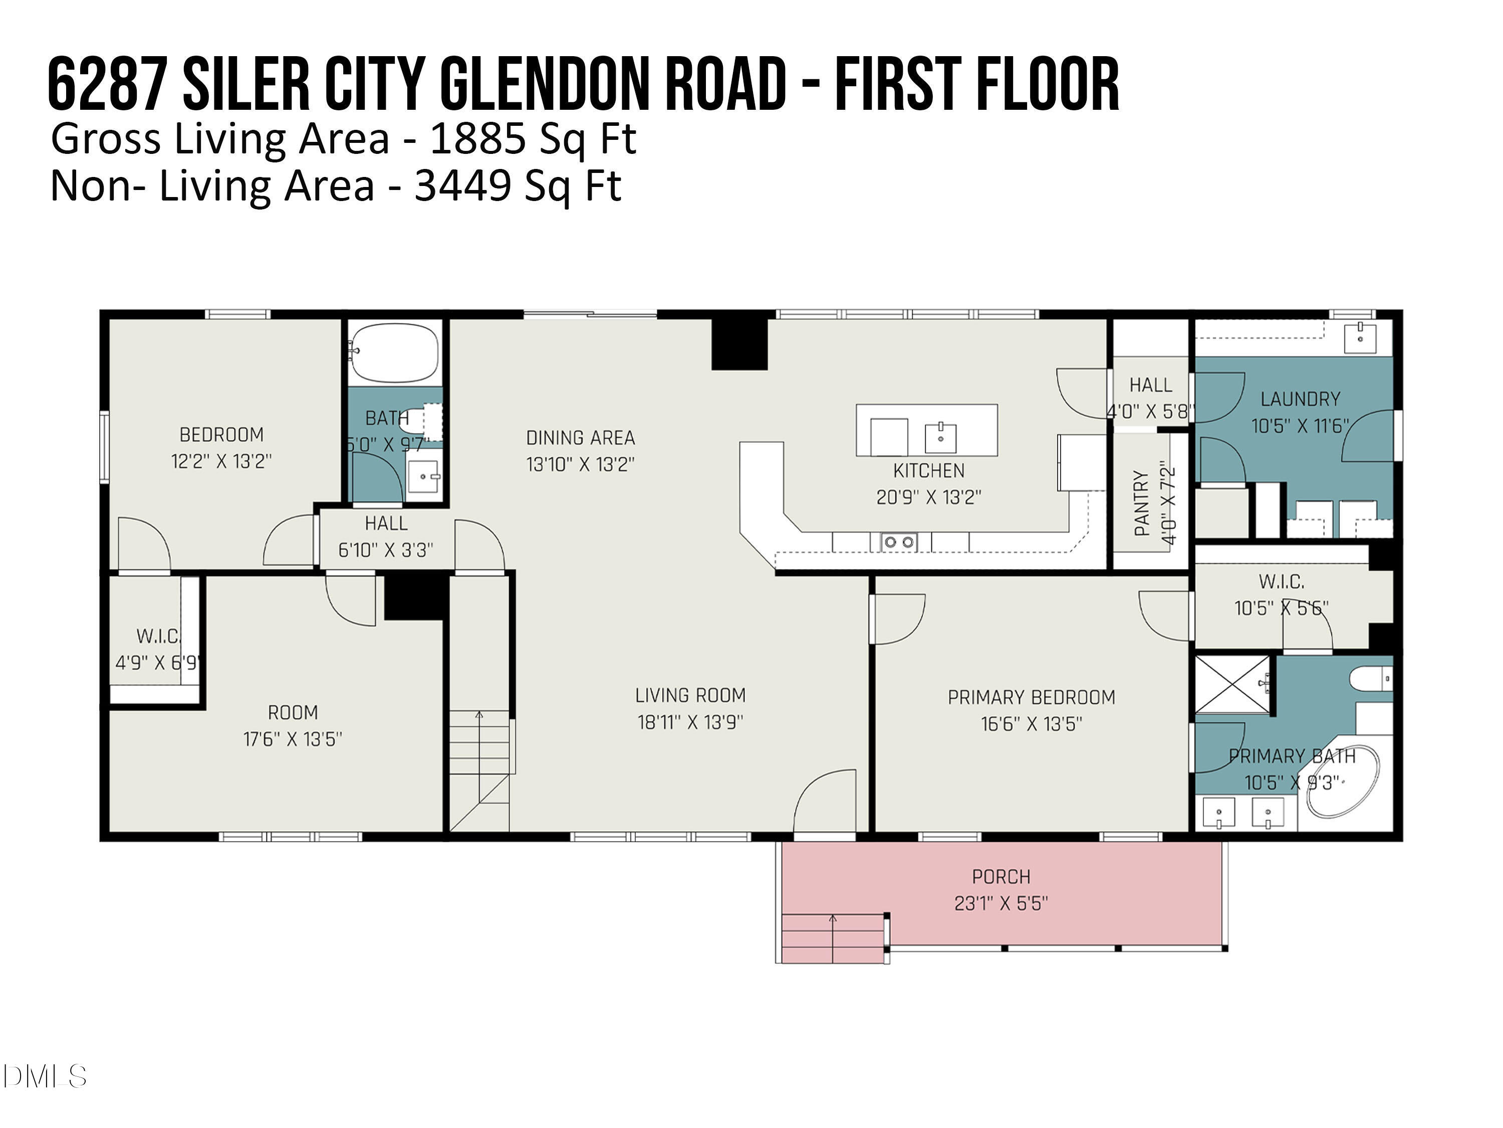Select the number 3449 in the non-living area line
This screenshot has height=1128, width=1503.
463,185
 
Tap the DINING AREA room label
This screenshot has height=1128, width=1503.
580,438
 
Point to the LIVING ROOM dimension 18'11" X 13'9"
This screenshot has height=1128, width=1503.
690,722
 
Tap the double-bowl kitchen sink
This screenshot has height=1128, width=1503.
899,542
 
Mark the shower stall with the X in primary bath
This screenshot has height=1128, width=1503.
1232,685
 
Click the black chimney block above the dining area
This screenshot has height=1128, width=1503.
739,344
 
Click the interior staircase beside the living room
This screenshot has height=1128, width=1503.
479,769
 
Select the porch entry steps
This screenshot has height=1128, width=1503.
833,938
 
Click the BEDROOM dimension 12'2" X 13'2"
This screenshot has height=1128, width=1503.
221,462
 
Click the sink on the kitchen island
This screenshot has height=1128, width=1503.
940,437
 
